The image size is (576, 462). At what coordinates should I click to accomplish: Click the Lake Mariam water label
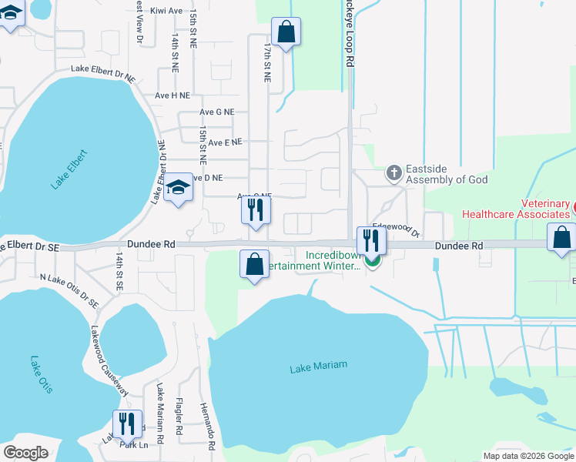click(318, 366)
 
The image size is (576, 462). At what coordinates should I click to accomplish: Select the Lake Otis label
click(41, 375)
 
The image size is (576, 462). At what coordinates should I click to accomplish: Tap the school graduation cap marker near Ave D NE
click(178, 187)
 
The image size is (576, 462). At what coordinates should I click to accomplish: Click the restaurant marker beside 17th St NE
click(256, 209)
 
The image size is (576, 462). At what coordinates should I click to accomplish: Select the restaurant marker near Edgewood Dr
click(371, 240)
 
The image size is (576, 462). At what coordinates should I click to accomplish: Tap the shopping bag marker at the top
click(286, 32)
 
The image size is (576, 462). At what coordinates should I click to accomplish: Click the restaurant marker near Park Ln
click(127, 424)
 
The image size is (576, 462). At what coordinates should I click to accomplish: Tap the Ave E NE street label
click(225, 142)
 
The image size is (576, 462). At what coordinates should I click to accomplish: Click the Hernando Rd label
click(206, 426)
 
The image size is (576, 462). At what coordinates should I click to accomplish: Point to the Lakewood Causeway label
click(109, 360)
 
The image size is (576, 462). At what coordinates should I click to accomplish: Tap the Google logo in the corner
click(25, 453)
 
